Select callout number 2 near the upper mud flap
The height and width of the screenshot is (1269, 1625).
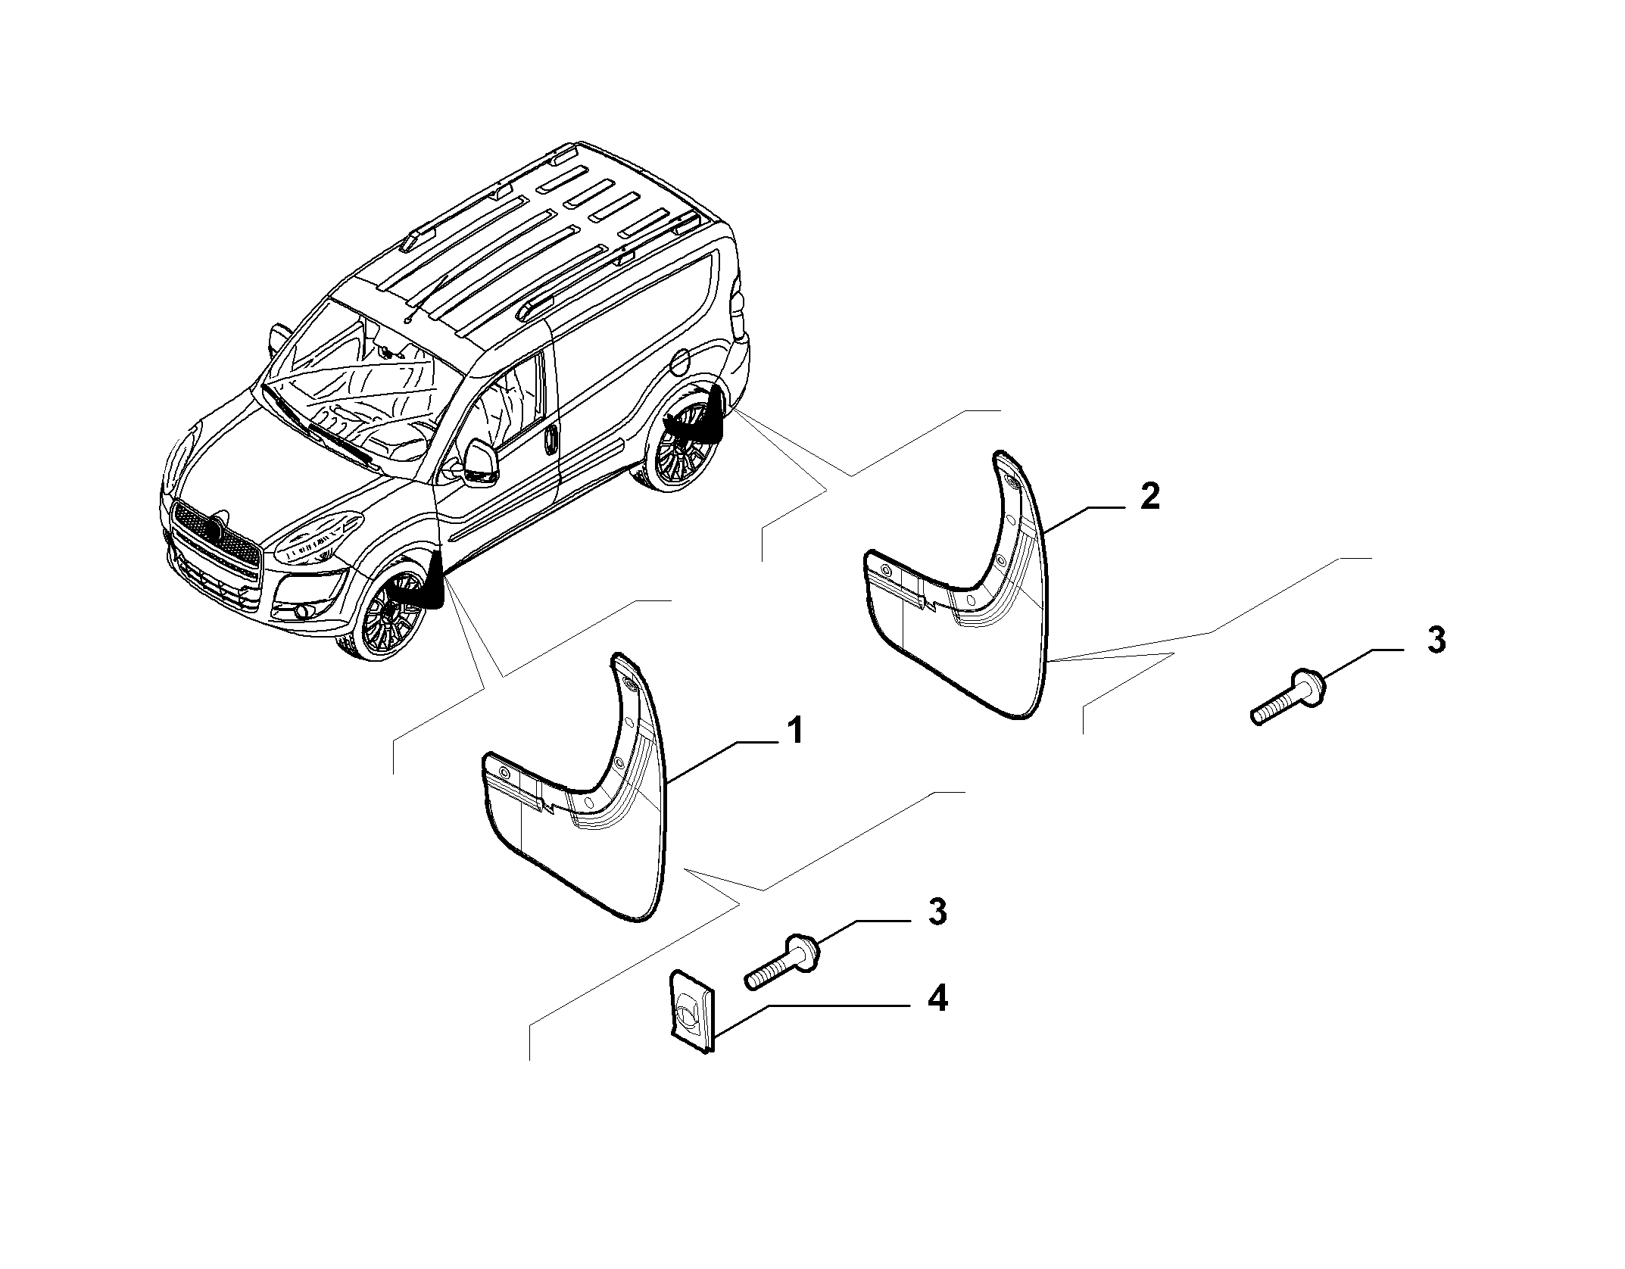(x=1149, y=497)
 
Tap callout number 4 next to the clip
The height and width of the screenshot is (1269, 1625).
(x=937, y=1000)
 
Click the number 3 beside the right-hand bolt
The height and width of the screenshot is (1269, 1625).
(x=1436, y=640)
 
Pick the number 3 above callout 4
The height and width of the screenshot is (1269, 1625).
(x=937, y=912)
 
